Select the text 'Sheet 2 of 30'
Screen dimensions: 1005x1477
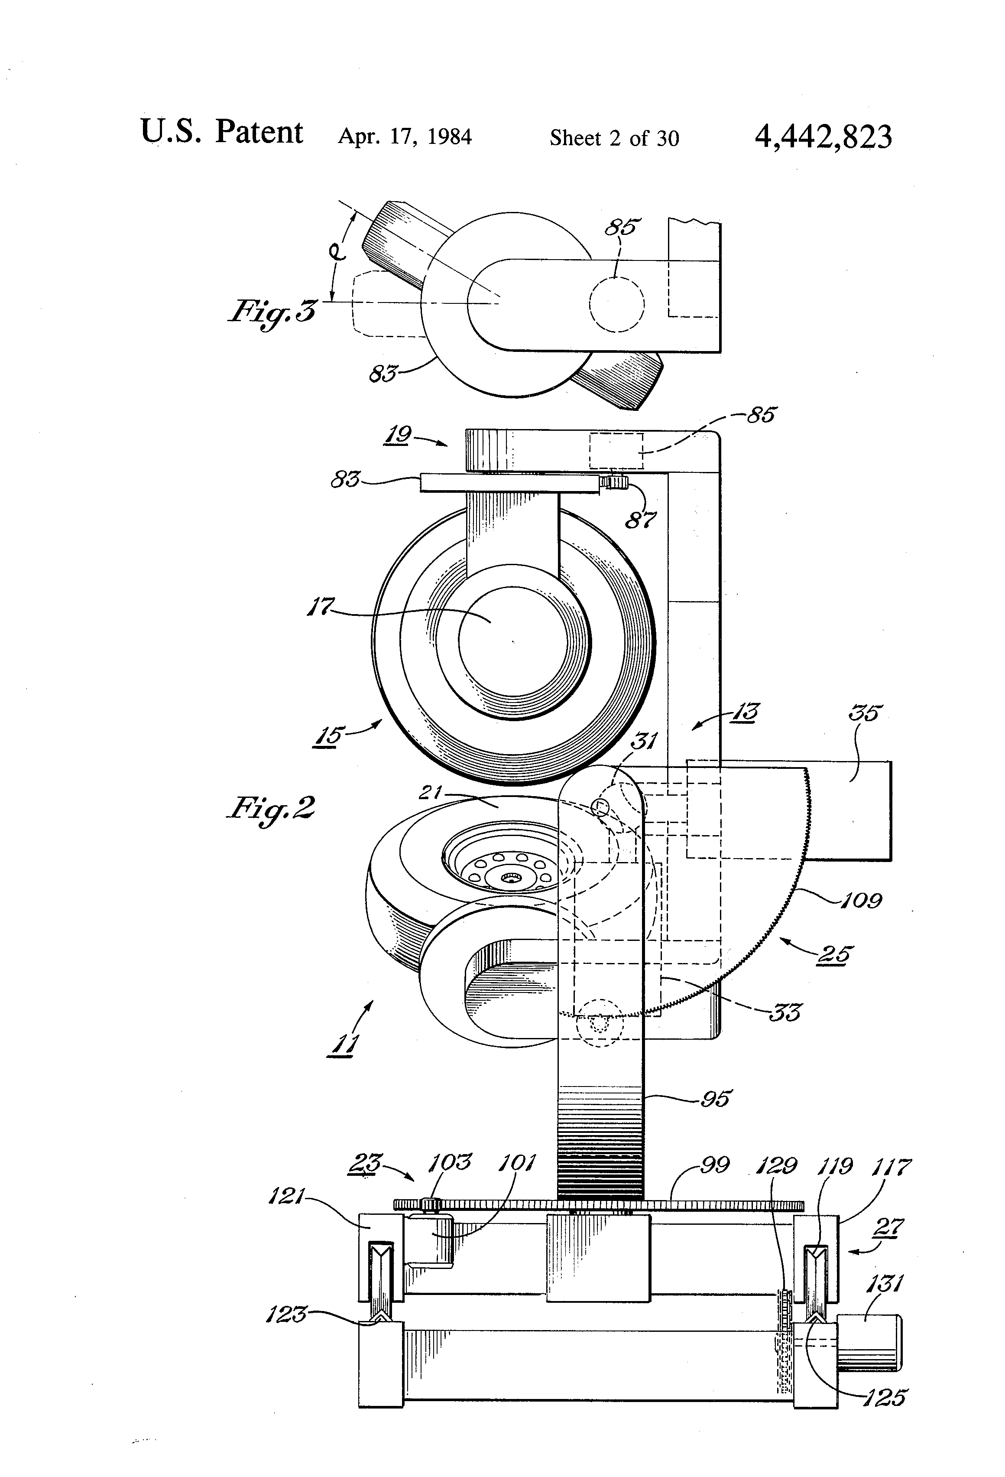point(614,138)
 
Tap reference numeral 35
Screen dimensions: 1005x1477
point(865,712)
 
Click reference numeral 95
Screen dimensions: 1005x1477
point(716,1098)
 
